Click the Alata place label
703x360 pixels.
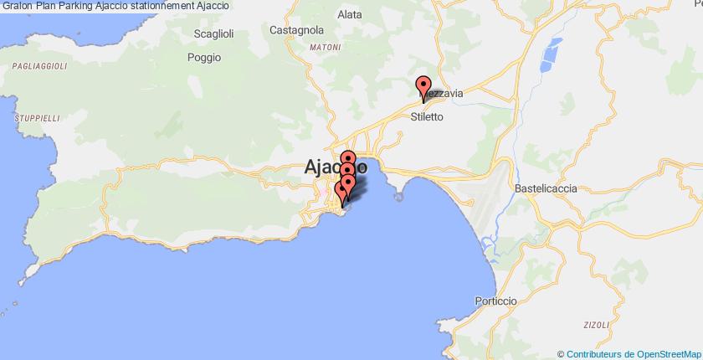pyautogui.click(x=349, y=14)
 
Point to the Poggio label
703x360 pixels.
pyautogui.click(x=204, y=58)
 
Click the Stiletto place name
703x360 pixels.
pyautogui.click(x=427, y=117)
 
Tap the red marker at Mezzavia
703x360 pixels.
pyautogui.click(x=423, y=85)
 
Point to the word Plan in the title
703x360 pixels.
pyautogui.click(x=44, y=6)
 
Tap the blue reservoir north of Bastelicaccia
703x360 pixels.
pyautogui.click(x=551, y=54)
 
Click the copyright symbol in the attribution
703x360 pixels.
pyautogui.click(x=561, y=354)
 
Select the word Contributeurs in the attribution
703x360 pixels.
pyautogui.click(x=594, y=354)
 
